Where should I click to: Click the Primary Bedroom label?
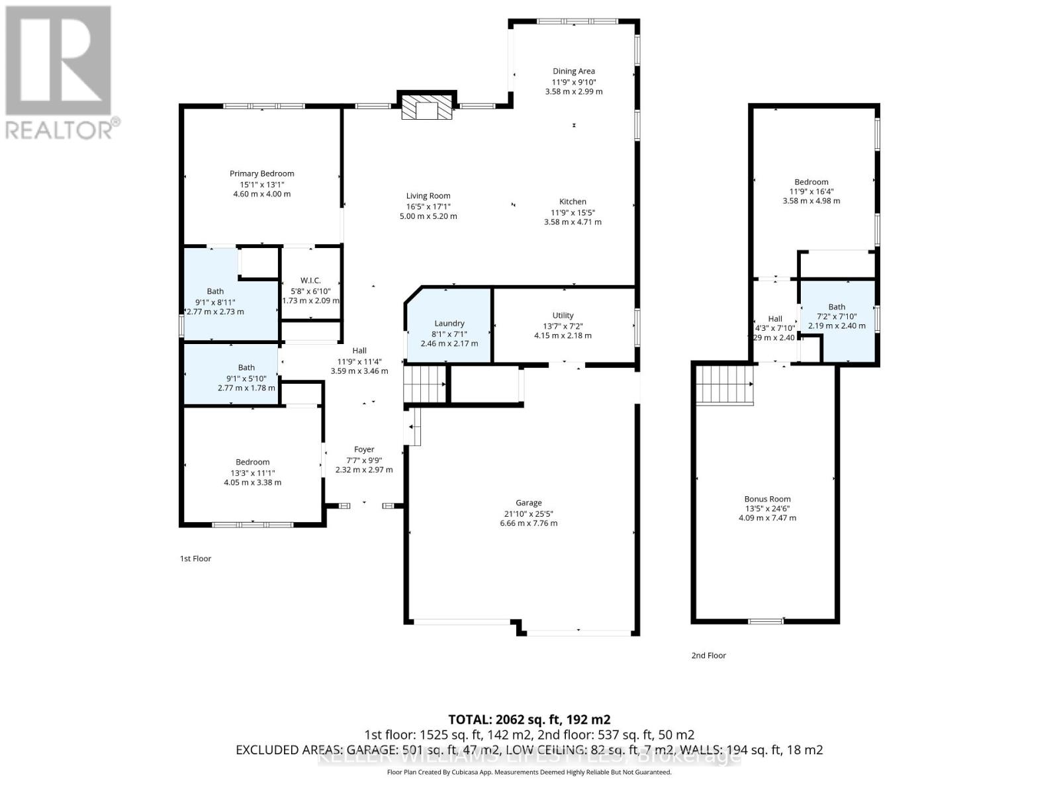(x=261, y=173)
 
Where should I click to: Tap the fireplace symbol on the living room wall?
(x=428, y=108)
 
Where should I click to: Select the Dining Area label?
(x=574, y=71)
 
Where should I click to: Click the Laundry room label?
(x=449, y=324)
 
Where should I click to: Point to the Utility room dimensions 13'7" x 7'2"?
(x=563, y=326)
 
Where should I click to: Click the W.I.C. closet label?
(x=310, y=281)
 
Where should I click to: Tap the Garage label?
(x=528, y=503)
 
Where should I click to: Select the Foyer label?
(x=364, y=449)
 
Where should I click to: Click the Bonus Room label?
(x=767, y=499)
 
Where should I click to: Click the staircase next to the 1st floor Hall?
(x=425, y=384)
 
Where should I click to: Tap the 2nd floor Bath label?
(x=837, y=306)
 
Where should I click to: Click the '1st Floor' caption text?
(x=195, y=558)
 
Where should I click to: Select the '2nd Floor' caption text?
(x=708, y=655)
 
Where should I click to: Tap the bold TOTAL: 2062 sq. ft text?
(x=529, y=719)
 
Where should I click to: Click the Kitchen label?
(x=573, y=201)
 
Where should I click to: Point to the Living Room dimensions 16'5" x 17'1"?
(x=428, y=206)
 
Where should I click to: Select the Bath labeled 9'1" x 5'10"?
(x=246, y=367)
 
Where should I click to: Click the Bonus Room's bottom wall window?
(x=766, y=621)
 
